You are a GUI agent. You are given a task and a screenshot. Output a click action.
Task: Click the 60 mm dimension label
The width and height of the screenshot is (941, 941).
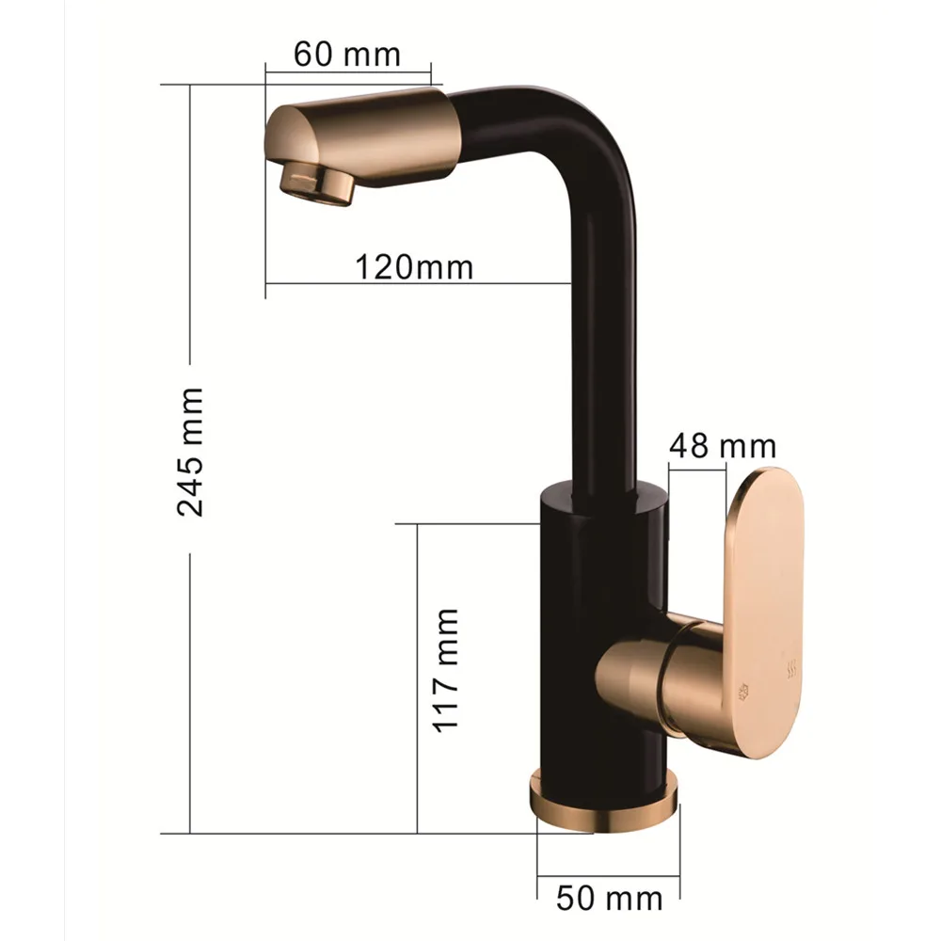(347, 55)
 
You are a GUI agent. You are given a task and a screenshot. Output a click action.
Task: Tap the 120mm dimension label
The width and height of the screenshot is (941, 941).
(414, 266)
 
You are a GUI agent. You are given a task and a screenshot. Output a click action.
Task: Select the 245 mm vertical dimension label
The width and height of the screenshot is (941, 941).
(191, 452)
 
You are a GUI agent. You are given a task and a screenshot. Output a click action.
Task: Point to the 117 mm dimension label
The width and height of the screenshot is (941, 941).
(446, 670)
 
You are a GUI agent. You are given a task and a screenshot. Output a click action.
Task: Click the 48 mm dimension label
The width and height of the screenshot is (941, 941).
(723, 446)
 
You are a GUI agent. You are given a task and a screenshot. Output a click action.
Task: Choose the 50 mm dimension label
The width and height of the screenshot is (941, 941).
(609, 899)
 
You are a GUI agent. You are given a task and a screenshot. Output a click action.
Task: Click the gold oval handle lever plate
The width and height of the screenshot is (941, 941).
(764, 613)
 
